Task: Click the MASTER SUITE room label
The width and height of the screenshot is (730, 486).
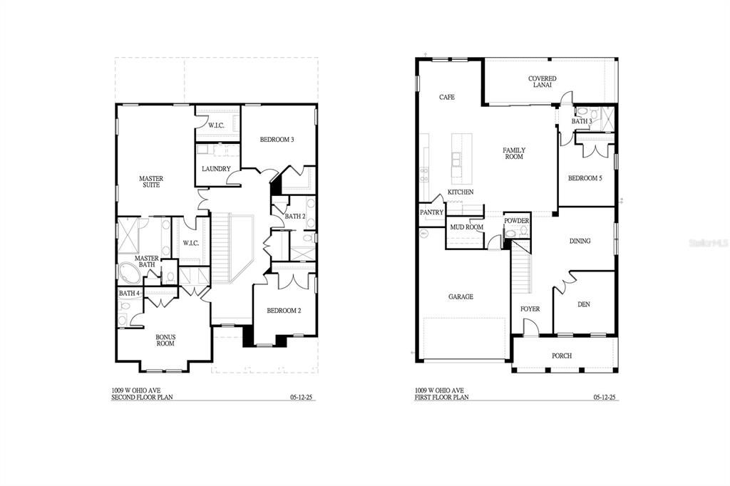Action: tap(150, 182)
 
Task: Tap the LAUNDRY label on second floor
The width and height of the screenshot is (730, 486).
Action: tap(216, 169)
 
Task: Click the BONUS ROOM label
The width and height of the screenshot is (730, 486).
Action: tap(165, 340)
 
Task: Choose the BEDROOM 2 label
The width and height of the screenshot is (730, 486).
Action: tap(284, 310)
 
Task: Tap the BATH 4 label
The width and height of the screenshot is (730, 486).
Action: tap(130, 294)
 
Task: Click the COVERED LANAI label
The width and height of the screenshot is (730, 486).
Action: tap(542, 82)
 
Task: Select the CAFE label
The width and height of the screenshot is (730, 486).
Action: tap(447, 97)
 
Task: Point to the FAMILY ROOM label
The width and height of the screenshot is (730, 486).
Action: tap(514, 153)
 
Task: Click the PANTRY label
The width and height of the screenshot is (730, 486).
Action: tap(432, 212)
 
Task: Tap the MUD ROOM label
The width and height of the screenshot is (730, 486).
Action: tap(466, 227)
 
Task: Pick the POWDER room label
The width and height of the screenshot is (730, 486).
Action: tap(516, 221)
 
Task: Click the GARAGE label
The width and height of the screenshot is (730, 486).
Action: tap(461, 296)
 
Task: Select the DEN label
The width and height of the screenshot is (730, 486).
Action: tap(583, 304)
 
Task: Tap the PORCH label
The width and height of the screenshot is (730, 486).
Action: tap(562, 356)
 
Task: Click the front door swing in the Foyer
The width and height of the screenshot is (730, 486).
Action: tap(530, 327)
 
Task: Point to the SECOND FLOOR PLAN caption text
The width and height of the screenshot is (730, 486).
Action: tap(141, 397)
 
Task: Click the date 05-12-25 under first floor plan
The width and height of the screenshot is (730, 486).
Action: tap(605, 397)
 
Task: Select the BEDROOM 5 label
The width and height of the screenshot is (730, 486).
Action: tap(585, 178)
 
